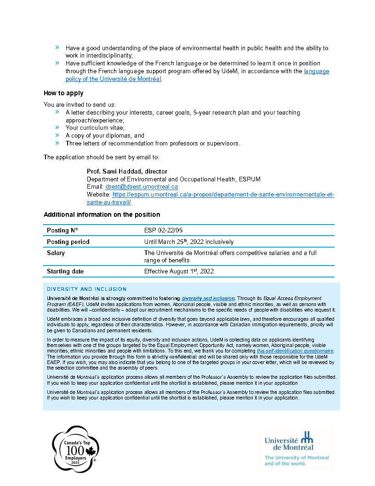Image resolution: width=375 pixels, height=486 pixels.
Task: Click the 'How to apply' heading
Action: tap(63, 93)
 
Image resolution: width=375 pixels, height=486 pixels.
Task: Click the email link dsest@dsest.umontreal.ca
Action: tap(142, 187)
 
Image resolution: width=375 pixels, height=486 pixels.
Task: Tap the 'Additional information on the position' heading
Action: tap(102, 214)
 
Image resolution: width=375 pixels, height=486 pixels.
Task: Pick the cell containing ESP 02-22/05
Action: tap(163, 230)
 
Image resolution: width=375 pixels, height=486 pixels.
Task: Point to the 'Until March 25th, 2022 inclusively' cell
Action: tap(188, 242)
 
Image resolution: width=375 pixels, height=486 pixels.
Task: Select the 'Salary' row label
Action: tap(56, 253)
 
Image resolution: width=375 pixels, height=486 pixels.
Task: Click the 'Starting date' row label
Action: tap(65, 272)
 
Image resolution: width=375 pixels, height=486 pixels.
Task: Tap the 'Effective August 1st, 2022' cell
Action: tap(179, 272)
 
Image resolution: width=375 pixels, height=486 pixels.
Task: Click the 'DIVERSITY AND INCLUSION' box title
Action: tap(86, 289)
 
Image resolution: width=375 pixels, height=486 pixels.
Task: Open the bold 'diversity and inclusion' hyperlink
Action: tap(208, 299)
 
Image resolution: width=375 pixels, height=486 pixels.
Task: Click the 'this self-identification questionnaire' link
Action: tap(295, 351)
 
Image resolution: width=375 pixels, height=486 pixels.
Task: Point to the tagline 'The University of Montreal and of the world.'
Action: tap(296, 461)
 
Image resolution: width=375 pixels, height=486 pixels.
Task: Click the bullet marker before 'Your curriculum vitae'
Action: tap(57, 127)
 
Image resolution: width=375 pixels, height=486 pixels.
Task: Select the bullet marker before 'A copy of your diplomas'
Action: tap(57, 135)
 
